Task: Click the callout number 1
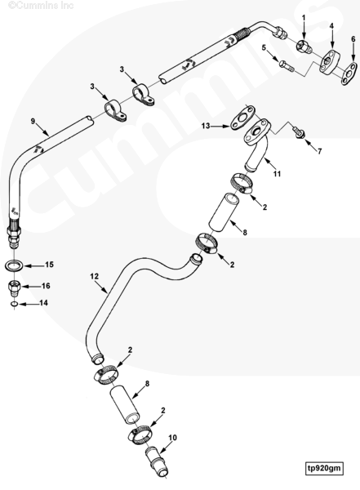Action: tap(304, 18)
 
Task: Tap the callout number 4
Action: tap(331, 25)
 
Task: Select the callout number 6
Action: tap(353, 39)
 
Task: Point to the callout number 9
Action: tap(33, 121)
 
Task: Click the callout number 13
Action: tap(206, 126)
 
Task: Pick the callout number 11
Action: tap(277, 174)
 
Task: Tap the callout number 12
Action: tap(95, 276)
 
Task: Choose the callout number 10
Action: tap(173, 438)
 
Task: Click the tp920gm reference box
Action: tap(324, 468)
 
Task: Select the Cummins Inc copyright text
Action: tap(41, 6)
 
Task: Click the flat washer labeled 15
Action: tap(14, 266)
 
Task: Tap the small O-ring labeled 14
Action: tap(13, 304)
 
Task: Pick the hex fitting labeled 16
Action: tap(14, 287)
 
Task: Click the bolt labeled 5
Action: tap(286, 65)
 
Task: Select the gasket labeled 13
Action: tap(242, 118)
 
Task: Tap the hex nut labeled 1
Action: tap(304, 47)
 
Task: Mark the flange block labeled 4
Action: tap(329, 61)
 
